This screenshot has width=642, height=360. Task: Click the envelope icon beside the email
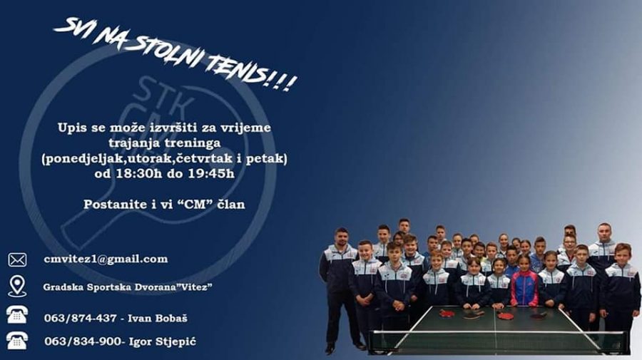click(17, 259)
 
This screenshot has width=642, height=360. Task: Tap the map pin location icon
click(17, 286)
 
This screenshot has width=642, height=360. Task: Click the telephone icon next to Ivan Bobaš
click(17, 315)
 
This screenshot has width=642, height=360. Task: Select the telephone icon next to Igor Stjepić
click(17, 340)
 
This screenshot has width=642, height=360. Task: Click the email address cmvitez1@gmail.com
click(106, 259)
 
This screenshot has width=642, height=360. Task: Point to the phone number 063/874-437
click(80, 318)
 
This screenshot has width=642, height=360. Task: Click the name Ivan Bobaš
click(158, 318)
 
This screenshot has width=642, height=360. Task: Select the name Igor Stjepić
click(163, 341)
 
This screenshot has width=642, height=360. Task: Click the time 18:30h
click(139, 173)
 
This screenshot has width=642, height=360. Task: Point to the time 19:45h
click(211, 173)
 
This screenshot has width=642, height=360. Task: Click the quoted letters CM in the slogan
click(196, 204)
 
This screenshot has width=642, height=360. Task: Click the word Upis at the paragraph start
click(73, 128)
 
